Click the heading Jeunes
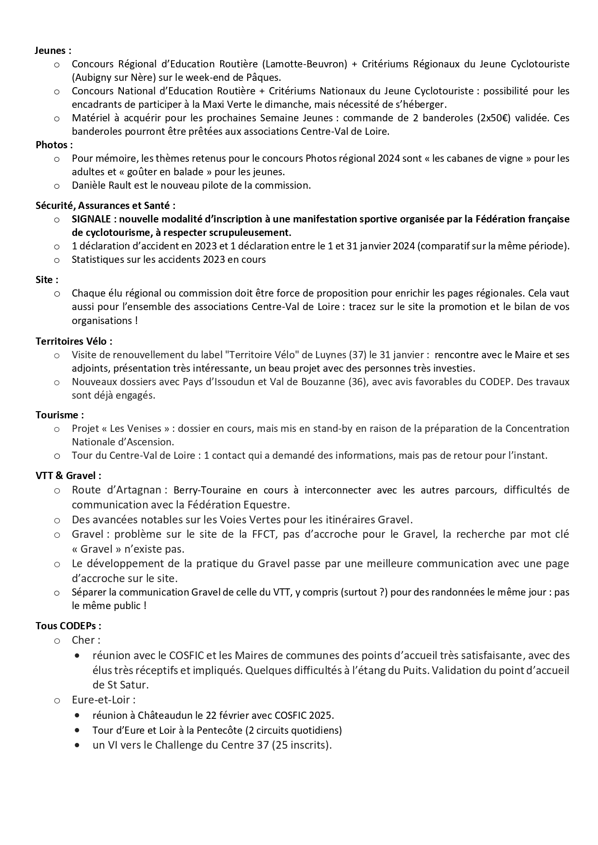point(53,50)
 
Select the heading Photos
point(54,144)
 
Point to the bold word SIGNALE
point(91,219)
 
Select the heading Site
point(47,280)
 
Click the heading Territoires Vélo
point(74,341)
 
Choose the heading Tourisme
point(59,415)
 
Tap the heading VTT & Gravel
point(68,475)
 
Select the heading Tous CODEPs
point(68,626)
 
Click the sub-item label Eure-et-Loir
point(103,700)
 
